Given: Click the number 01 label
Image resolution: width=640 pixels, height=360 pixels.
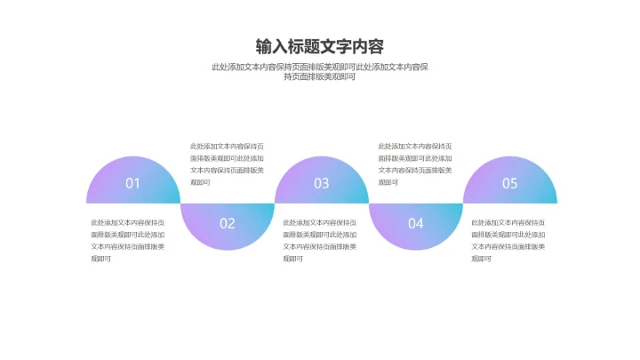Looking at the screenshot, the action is coord(132,183).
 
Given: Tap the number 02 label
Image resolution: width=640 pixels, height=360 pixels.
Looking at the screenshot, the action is coord(228,223).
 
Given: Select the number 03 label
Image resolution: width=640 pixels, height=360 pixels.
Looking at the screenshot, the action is coord(321,183).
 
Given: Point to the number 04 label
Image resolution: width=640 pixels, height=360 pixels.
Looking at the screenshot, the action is coord(416,223).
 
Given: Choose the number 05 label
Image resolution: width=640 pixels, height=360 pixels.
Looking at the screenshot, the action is coord(510,183).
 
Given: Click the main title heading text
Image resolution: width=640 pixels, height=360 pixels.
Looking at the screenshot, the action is coord(320,46).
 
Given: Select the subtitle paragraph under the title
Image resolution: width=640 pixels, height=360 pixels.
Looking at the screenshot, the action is coord(320,72).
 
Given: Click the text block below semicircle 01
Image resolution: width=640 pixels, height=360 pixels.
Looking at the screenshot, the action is coord(128,240).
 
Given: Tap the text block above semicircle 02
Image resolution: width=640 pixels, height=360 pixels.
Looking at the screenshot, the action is coord(227,164).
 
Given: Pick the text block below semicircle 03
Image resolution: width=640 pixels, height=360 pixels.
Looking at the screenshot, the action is coord(320,240).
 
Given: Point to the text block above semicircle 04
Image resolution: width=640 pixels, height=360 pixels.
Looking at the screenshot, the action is coord(415,164).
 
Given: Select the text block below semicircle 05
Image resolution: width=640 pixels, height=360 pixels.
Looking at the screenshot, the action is coord(508,240).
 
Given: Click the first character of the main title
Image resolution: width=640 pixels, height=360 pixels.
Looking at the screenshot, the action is coord(264,46).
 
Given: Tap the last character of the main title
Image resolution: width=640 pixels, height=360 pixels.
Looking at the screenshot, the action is coord(376,46).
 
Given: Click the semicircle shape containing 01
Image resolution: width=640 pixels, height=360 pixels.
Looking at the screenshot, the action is coord(133,180).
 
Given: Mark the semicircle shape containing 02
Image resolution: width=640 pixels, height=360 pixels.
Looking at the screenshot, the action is coord(228,227).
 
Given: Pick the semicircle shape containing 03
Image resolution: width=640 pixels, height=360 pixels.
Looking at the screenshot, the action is coord(322,180).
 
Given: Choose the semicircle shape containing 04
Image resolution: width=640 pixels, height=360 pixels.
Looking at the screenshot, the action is coord(416,227).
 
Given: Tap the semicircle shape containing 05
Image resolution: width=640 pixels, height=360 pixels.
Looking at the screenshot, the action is coord(510,180).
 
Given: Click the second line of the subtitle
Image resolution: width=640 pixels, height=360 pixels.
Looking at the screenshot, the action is coord(320,76).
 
